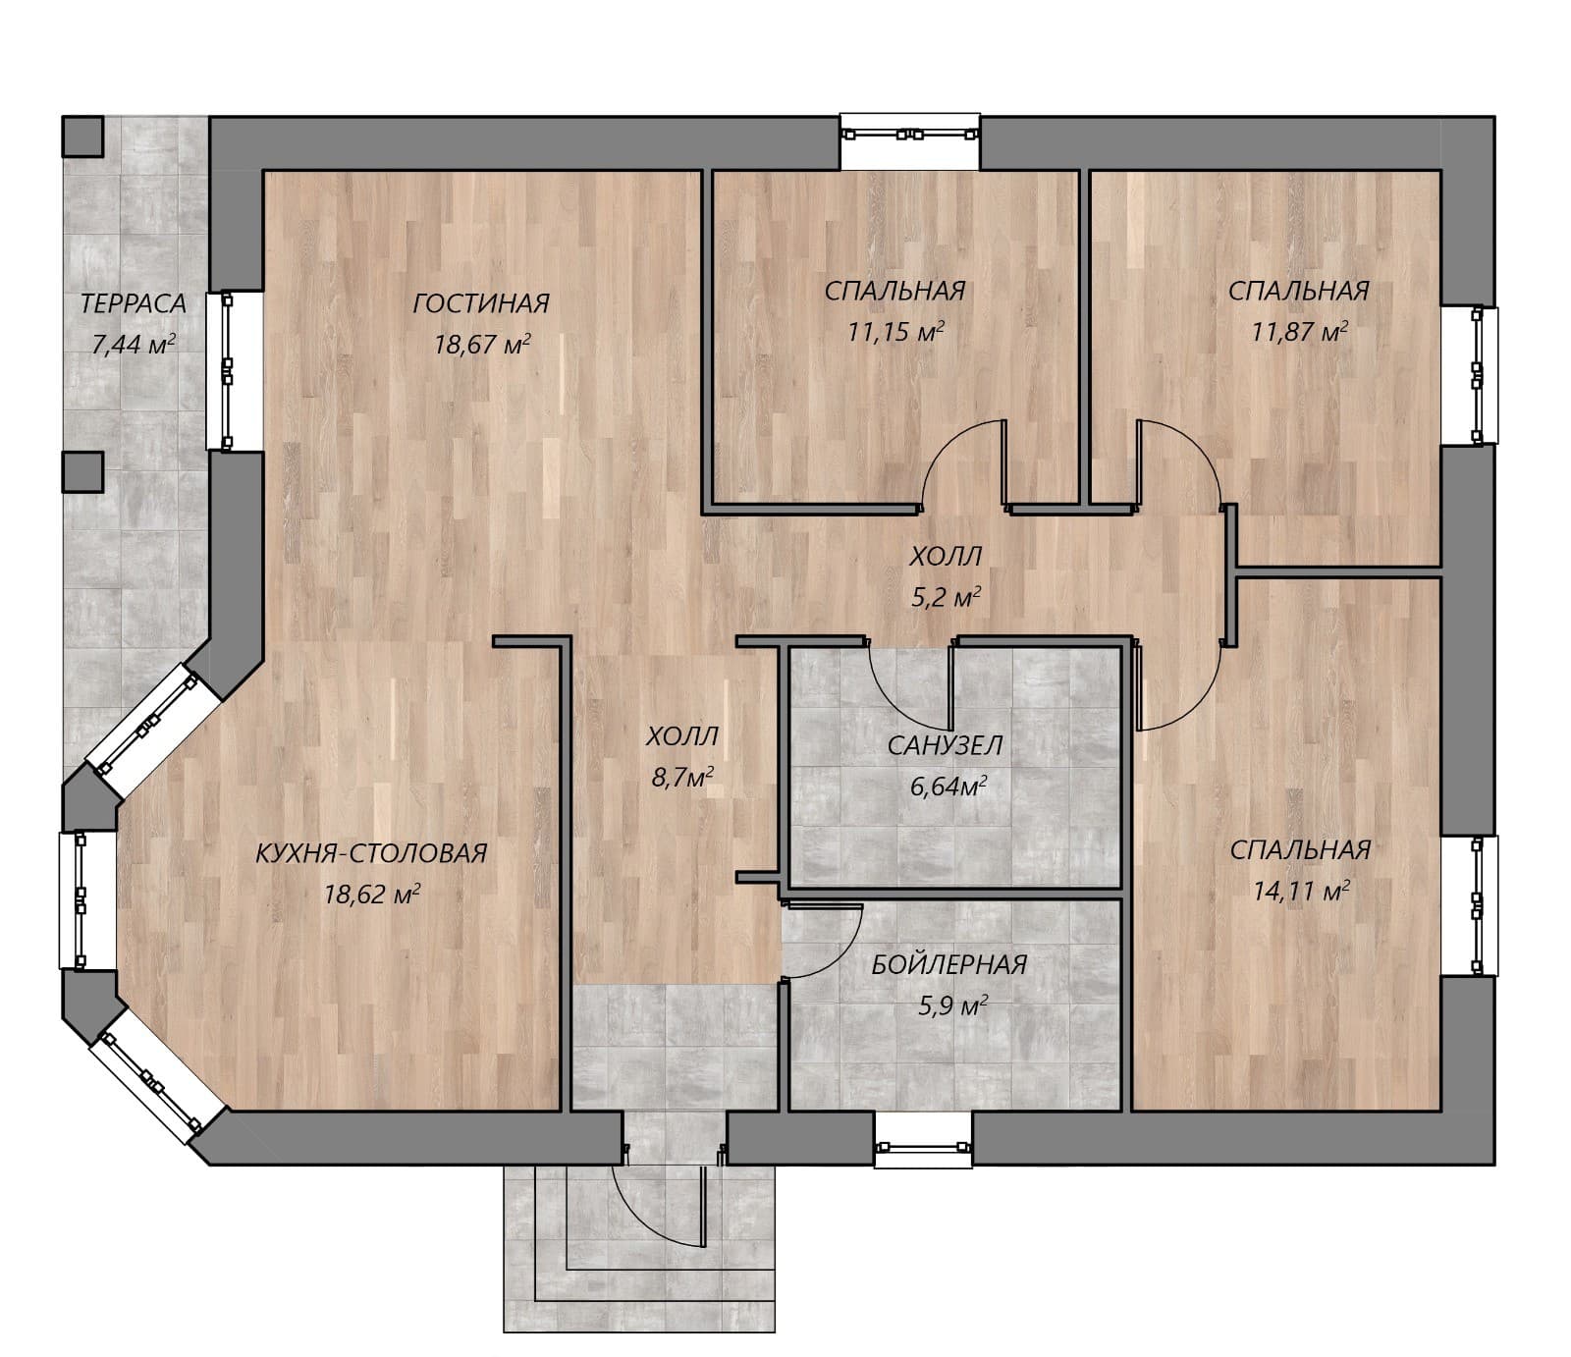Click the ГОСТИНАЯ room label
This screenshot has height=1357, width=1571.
point(480,303)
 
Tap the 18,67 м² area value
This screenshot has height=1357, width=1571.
point(482,344)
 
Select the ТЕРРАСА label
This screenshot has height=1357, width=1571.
point(133,303)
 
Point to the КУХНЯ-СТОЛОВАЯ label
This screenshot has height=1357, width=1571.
point(371,853)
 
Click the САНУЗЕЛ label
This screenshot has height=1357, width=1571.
point(946,746)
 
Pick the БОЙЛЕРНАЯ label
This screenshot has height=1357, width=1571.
point(949,965)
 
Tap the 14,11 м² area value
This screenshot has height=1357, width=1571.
point(1301,891)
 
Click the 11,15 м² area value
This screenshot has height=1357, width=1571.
point(895,332)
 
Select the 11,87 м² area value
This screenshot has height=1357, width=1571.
point(1299,332)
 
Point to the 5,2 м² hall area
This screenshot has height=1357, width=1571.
point(947,597)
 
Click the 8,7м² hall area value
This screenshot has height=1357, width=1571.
point(682,778)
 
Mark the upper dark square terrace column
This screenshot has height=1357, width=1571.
point(82,136)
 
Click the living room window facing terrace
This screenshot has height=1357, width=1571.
point(227,370)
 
